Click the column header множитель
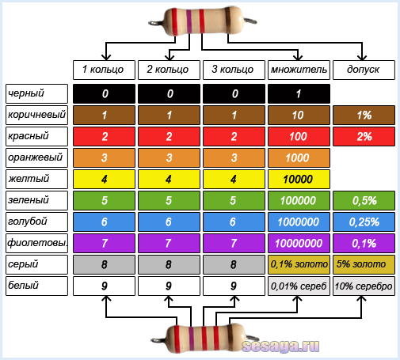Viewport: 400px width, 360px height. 299,70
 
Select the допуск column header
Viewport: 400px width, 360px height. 364,70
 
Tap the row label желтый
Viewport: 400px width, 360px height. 36,179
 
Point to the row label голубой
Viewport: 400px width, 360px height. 36,222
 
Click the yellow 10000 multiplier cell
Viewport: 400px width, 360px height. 299,179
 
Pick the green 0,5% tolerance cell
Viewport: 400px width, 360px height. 364,200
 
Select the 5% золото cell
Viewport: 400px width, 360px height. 364,264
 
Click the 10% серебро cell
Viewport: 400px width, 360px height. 364,286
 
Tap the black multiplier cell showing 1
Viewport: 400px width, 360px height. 299,93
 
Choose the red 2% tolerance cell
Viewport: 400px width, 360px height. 364,136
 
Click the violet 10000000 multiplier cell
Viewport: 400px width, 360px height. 299,243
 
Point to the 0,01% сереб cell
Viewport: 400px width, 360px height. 299,286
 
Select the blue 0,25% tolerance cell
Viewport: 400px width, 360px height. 364,222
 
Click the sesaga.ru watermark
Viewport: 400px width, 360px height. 280,347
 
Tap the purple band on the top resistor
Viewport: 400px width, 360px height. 189,21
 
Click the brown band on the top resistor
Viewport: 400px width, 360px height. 228,21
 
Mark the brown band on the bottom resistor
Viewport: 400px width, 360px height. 230,339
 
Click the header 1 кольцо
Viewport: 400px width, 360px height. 104,70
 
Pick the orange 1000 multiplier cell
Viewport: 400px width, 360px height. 299,157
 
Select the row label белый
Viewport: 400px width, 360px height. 36,286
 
